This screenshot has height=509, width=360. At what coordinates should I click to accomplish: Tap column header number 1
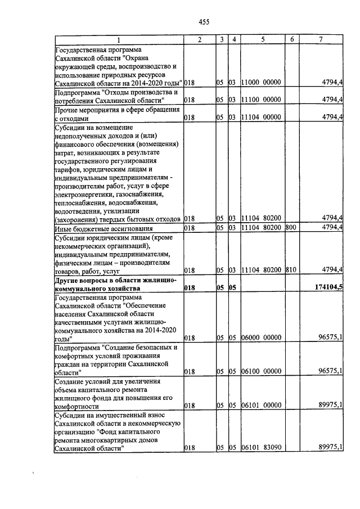[119, 39]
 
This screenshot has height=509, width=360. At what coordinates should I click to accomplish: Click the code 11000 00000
[260, 82]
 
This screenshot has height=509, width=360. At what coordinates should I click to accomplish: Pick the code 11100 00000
[260, 100]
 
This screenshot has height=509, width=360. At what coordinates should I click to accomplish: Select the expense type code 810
[291, 270]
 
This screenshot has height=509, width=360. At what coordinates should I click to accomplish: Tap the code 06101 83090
[260, 448]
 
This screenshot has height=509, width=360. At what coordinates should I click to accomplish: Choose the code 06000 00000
[260, 338]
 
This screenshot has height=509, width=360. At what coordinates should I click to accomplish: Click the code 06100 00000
[260, 371]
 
